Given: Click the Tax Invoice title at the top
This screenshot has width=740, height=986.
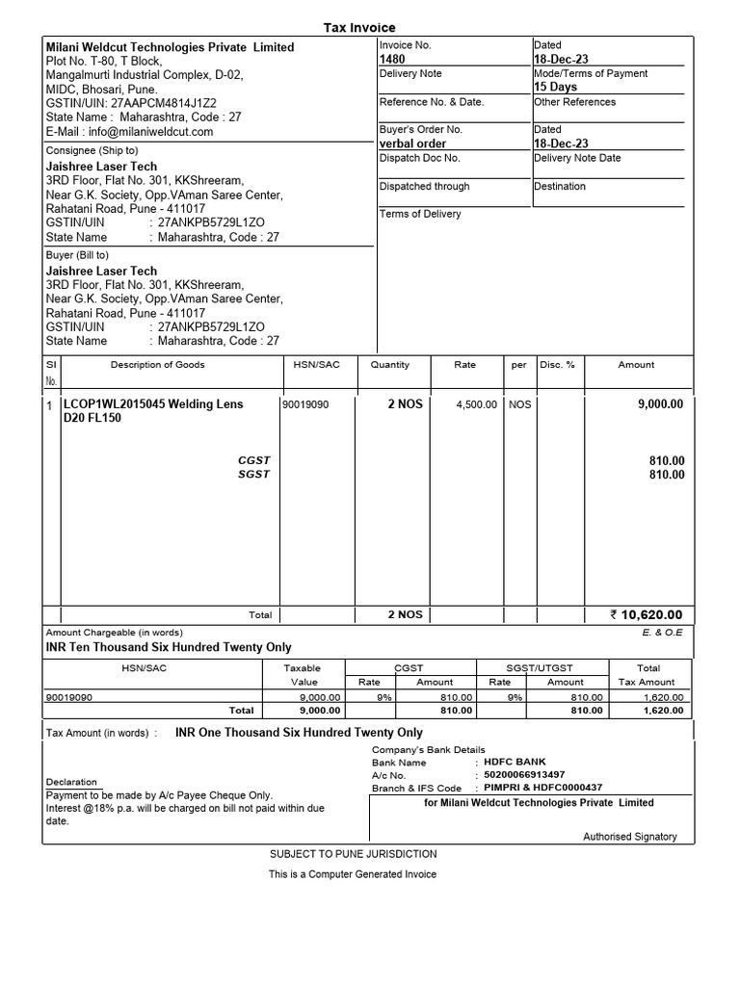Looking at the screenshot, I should [x=358, y=28].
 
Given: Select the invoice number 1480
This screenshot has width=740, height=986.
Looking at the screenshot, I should [x=393, y=60].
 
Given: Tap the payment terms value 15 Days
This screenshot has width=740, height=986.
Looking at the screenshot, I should [x=556, y=87].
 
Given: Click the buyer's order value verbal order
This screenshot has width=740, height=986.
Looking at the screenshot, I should [x=413, y=143].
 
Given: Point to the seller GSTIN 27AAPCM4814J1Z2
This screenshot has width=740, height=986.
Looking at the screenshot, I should [x=131, y=103].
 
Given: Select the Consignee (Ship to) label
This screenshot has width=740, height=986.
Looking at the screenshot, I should [x=92, y=150].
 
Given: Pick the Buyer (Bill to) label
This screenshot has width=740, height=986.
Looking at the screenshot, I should [x=78, y=255].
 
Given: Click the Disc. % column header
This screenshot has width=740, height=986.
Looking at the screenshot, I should [x=557, y=365].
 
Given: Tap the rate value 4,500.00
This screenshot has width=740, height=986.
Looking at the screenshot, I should [x=476, y=405].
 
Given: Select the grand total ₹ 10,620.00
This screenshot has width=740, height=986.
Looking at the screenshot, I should [x=646, y=615].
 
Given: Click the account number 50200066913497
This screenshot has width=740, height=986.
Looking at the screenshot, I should [x=524, y=775].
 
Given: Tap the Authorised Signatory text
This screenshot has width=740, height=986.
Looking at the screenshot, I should [x=630, y=837].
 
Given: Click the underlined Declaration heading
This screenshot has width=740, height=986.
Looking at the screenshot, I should [x=71, y=782].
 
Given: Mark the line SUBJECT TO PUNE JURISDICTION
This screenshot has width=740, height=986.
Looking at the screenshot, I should [x=353, y=854].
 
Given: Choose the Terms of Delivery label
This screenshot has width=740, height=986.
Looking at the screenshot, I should [x=420, y=214].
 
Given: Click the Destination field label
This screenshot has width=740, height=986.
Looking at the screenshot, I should [x=560, y=187].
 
